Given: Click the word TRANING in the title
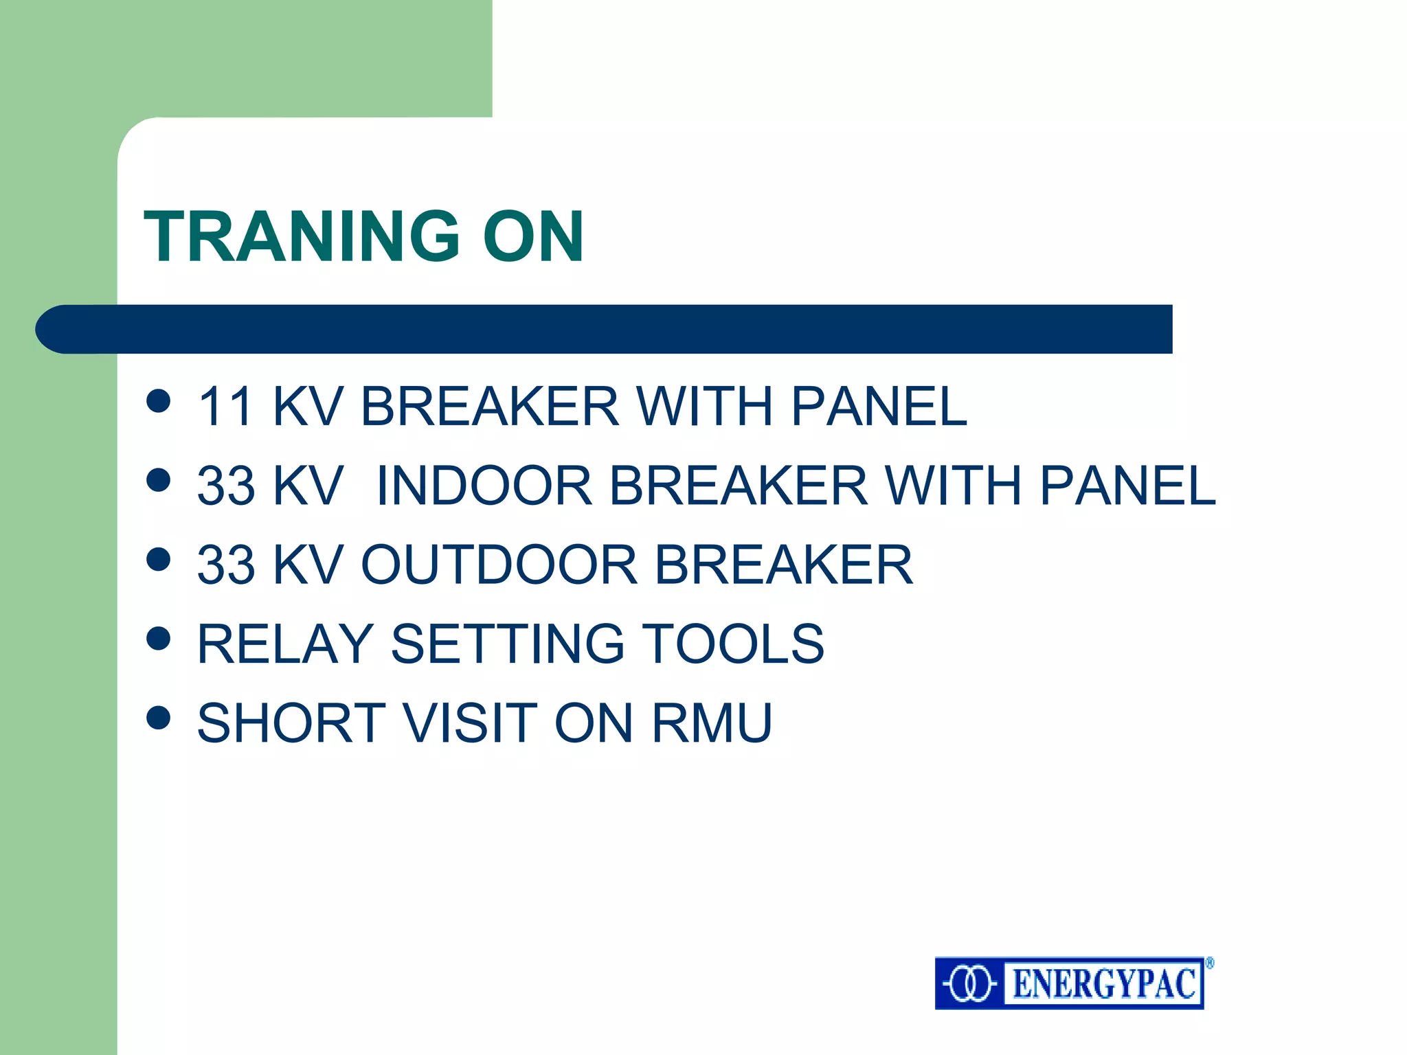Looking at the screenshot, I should [x=301, y=236].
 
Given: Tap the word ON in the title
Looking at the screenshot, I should [x=533, y=236].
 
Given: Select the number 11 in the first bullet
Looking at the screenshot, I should [x=226, y=407].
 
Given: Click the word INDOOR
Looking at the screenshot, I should [x=484, y=486].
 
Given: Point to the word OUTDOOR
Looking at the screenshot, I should [x=499, y=565].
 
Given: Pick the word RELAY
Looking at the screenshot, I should [x=285, y=644].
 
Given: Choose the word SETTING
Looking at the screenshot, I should [x=508, y=644].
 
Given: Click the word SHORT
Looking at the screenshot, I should [x=291, y=723].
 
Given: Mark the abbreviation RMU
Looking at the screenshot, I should [x=712, y=723].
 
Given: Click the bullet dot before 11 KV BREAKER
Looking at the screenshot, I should [x=159, y=400].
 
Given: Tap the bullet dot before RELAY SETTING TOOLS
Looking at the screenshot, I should [x=159, y=638].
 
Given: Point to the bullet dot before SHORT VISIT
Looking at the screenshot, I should [x=159, y=717].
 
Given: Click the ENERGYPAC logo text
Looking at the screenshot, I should [x=1104, y=984].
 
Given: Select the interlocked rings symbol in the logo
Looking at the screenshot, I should [x=969, y=984].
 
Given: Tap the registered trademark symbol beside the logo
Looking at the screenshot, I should [x=1209, y=963].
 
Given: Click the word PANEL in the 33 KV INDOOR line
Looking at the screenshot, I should [x=1127, y=486].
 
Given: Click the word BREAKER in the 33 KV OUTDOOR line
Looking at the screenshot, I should [x=783, y=565].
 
